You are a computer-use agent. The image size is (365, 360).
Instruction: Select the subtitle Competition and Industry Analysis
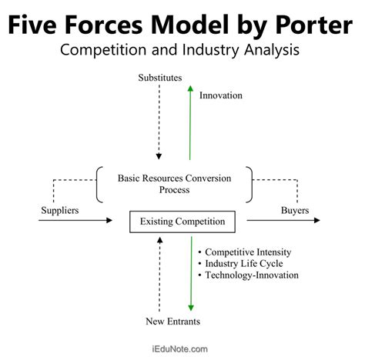[182, 51]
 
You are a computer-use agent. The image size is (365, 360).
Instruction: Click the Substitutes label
[161, 78]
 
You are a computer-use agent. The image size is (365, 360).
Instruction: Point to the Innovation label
[220, 95]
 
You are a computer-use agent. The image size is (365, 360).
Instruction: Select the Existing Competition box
[182, 222]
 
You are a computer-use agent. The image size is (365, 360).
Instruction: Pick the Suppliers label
[60, 209]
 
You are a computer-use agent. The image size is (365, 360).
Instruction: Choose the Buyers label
[295, 209]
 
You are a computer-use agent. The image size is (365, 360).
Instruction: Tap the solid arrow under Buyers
[283, 222]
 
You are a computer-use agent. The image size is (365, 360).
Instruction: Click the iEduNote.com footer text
[182, 348]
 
